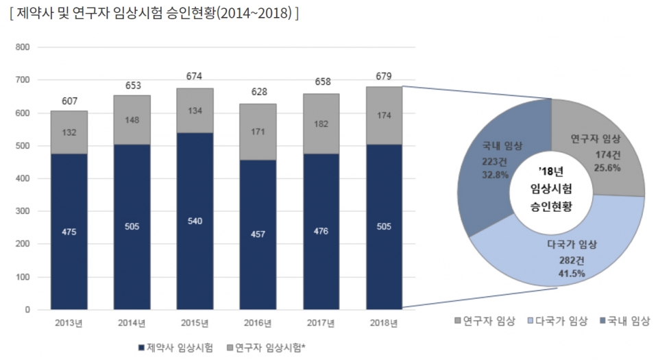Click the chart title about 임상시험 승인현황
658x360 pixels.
[154, 14]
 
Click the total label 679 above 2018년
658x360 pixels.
[384, 75]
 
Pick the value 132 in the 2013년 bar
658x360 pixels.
[69, 133]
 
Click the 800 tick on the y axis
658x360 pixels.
[23, 47]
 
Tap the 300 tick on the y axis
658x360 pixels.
[23, 211]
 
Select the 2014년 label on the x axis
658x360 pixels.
[132, 322]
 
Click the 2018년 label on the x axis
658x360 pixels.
[384, 322]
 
